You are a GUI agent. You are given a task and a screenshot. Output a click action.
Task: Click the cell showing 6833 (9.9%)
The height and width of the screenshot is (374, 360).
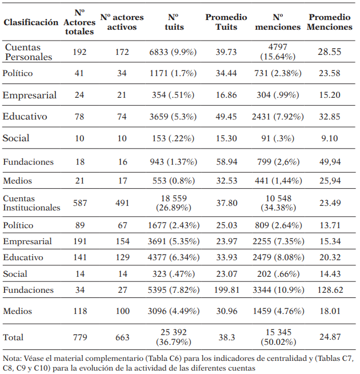(x=173, y=52)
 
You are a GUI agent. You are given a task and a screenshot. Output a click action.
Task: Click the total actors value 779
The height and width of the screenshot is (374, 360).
(x=79, y=337)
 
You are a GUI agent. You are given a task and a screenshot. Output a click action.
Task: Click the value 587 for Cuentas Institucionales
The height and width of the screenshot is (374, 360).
(x=79, y=202)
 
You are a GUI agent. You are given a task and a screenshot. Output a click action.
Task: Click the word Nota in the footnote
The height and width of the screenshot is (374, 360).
(x=12, y=359)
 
